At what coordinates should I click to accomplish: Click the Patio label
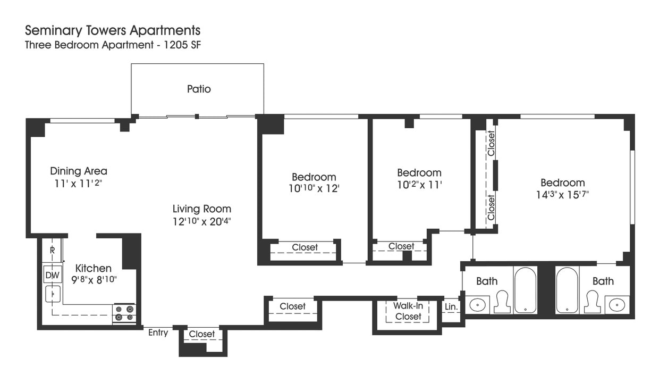tap(199, 89)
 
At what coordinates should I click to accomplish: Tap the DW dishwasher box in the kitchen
tap(52, 275)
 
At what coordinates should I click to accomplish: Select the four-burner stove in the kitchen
tap(124, 313)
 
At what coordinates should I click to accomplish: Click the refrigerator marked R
tap(53, 250)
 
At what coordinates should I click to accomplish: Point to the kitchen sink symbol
tap(53, 294)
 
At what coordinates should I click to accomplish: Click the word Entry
tap(158, 333)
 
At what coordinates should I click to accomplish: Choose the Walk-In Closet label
tap(407, 311)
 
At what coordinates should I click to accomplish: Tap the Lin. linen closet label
tap(451, 307)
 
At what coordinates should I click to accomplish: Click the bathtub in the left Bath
tap(525, 290)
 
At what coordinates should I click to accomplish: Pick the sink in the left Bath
tap(477, 305)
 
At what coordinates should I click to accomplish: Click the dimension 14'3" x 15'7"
tap(562, 194)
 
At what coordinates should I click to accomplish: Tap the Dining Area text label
tap(79, 171)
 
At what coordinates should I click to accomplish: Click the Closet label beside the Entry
tap(202, 334)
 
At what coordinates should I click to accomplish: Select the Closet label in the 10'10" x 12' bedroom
tap(305, 247)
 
